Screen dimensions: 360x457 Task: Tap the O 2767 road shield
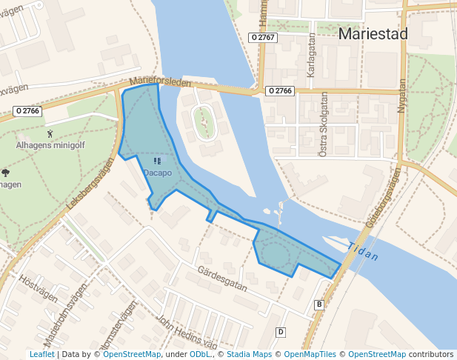(263, 36)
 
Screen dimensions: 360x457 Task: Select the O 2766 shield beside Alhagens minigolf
(27, 111)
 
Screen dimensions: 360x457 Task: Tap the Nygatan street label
(402, 96)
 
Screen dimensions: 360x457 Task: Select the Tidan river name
(363, 253)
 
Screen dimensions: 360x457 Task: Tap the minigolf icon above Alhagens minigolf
(50, 133)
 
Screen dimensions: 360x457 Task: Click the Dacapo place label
(157, 173)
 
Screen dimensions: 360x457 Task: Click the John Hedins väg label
(186, 333)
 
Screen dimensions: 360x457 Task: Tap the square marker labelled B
(319, 304)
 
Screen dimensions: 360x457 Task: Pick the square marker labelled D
(281, 332)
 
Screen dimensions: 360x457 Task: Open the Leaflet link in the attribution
(41, 354)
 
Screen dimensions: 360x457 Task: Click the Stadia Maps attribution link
(250, 354)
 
